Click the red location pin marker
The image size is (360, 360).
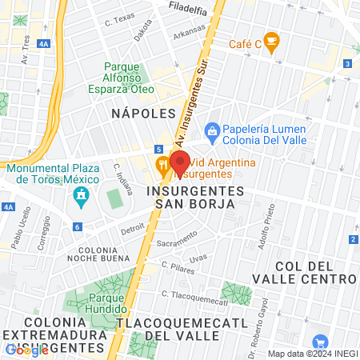178,160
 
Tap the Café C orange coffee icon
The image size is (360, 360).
271,39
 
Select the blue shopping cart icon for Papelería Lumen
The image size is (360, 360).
213,130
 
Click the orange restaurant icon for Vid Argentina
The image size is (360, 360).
163,166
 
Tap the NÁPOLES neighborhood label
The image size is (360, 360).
143,113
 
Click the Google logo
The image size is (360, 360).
26,350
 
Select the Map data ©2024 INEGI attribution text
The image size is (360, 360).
312,354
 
